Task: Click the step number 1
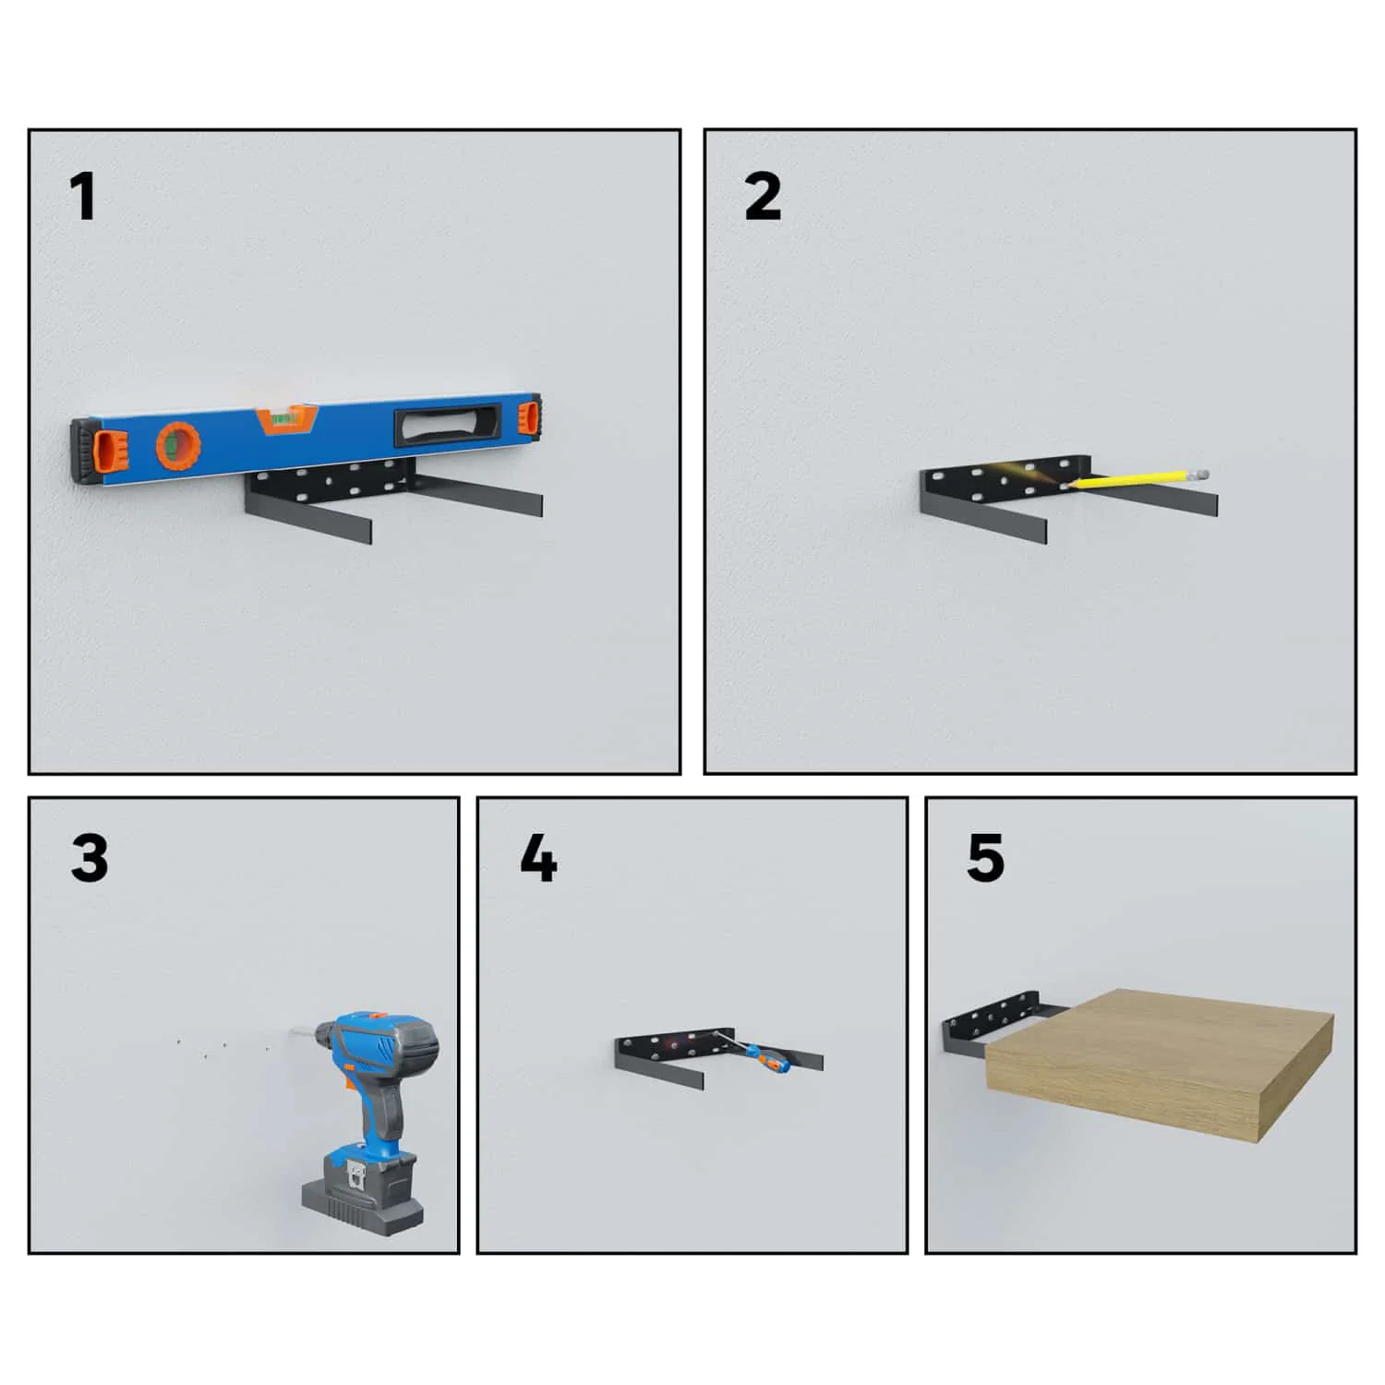coord(83,198)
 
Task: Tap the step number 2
coord(763,198)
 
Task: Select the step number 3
coord(90,859)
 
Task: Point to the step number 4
coord(538,859)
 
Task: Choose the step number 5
coord(985,859)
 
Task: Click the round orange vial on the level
coord(178,446)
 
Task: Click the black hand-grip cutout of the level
coord(450,423)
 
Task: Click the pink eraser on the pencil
coord(1201,474)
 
